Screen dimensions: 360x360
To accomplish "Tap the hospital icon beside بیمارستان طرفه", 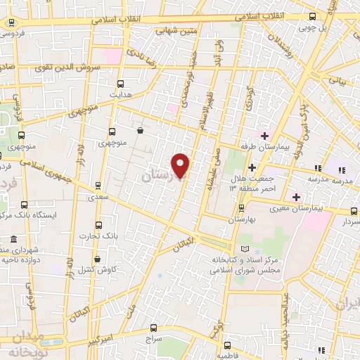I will click(264, 135).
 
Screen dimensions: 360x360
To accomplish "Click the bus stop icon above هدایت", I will click(120, 82).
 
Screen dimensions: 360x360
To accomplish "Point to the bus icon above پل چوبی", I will click(312, 17).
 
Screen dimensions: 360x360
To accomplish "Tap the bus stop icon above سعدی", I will click(98, 186).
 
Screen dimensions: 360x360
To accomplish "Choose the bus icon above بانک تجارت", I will click(98, 227).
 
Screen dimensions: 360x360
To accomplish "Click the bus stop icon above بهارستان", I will click(242, 208).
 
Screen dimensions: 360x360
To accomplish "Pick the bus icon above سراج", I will click(155, 328).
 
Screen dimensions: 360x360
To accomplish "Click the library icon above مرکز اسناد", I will click(244, 250).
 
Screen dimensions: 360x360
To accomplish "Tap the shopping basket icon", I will click(140, 130).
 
